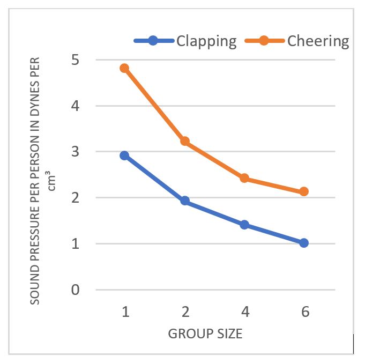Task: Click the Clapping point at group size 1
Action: coord(125,155)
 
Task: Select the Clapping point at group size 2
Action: coord(185,201)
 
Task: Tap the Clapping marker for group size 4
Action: coord(244,225)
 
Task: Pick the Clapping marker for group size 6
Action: coord(304,243)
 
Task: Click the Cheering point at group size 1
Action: coord(125,68)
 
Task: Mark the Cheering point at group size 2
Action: coord(185,141)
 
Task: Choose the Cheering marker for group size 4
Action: coord(244,178)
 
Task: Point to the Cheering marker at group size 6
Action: coord(304,191)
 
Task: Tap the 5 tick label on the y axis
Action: coord(76,60)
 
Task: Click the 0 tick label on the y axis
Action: coord(76,290)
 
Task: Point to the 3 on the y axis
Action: coord(76,152)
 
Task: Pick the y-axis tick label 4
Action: coord(76,106)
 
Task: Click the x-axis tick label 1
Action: coord(125,312)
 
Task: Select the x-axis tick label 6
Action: coord(304,312)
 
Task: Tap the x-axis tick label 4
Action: coord(245,312)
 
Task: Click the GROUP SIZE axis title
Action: coord(205,334)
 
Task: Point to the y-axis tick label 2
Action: coord(76,198)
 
